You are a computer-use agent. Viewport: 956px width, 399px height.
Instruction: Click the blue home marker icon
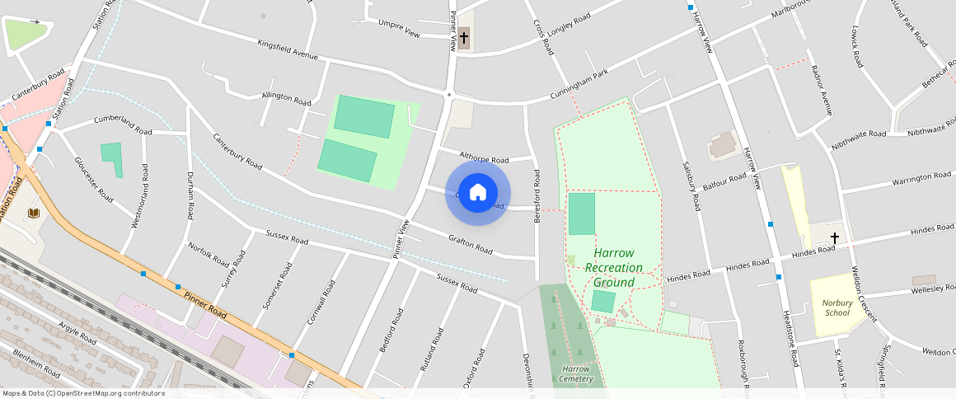478,194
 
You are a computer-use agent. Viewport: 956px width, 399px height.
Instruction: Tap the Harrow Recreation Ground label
614,268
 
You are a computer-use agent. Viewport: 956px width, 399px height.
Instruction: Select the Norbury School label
837,307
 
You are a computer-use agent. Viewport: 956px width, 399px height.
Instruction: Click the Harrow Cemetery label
577,373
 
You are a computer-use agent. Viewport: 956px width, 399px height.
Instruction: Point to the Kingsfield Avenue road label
287,49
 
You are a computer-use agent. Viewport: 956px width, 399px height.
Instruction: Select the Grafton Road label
471,243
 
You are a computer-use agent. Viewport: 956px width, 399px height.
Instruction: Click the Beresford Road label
537,196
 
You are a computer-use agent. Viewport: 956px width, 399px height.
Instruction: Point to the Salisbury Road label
691,185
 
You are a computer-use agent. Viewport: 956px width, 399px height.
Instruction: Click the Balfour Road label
725,181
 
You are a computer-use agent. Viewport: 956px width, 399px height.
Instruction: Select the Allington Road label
286,97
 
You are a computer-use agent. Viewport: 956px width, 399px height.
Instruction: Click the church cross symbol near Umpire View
464,38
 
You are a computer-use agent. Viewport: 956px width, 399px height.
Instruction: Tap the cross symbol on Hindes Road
834,238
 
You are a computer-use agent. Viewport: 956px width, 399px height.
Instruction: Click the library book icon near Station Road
33,214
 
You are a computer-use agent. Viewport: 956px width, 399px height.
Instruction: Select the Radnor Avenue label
822,90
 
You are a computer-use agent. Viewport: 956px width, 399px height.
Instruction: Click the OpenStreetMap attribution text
84,393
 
